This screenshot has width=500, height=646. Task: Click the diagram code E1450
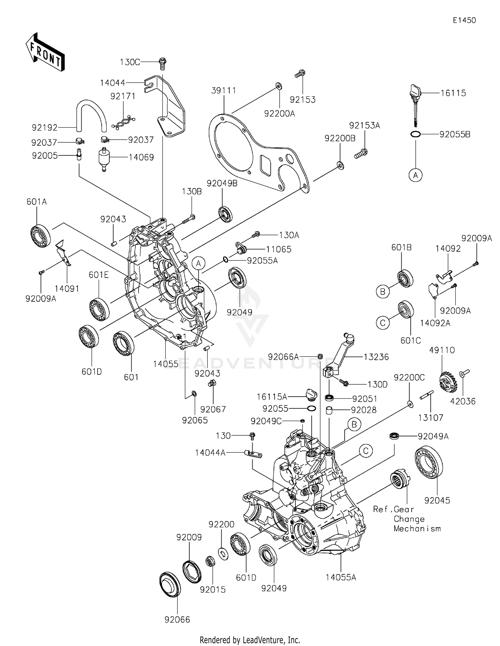pyautogui.click(x=464, y=20)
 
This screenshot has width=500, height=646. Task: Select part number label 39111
pyautogui.click(x=223, y=91)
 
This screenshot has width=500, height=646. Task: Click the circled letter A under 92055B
pyautogui.click(x=415, y=175)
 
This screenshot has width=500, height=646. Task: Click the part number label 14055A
pyautogui.click(x=341, y=577)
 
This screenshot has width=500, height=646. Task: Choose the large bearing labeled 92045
pyautogui.click(x=429, y=462)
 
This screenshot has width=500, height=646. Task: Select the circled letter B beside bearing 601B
pyautogui.click(x=383, y=292)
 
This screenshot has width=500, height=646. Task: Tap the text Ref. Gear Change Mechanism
pyautogui.click(x=407, y=519)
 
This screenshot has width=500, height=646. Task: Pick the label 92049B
pyautogui.click(x=222, y=183)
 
